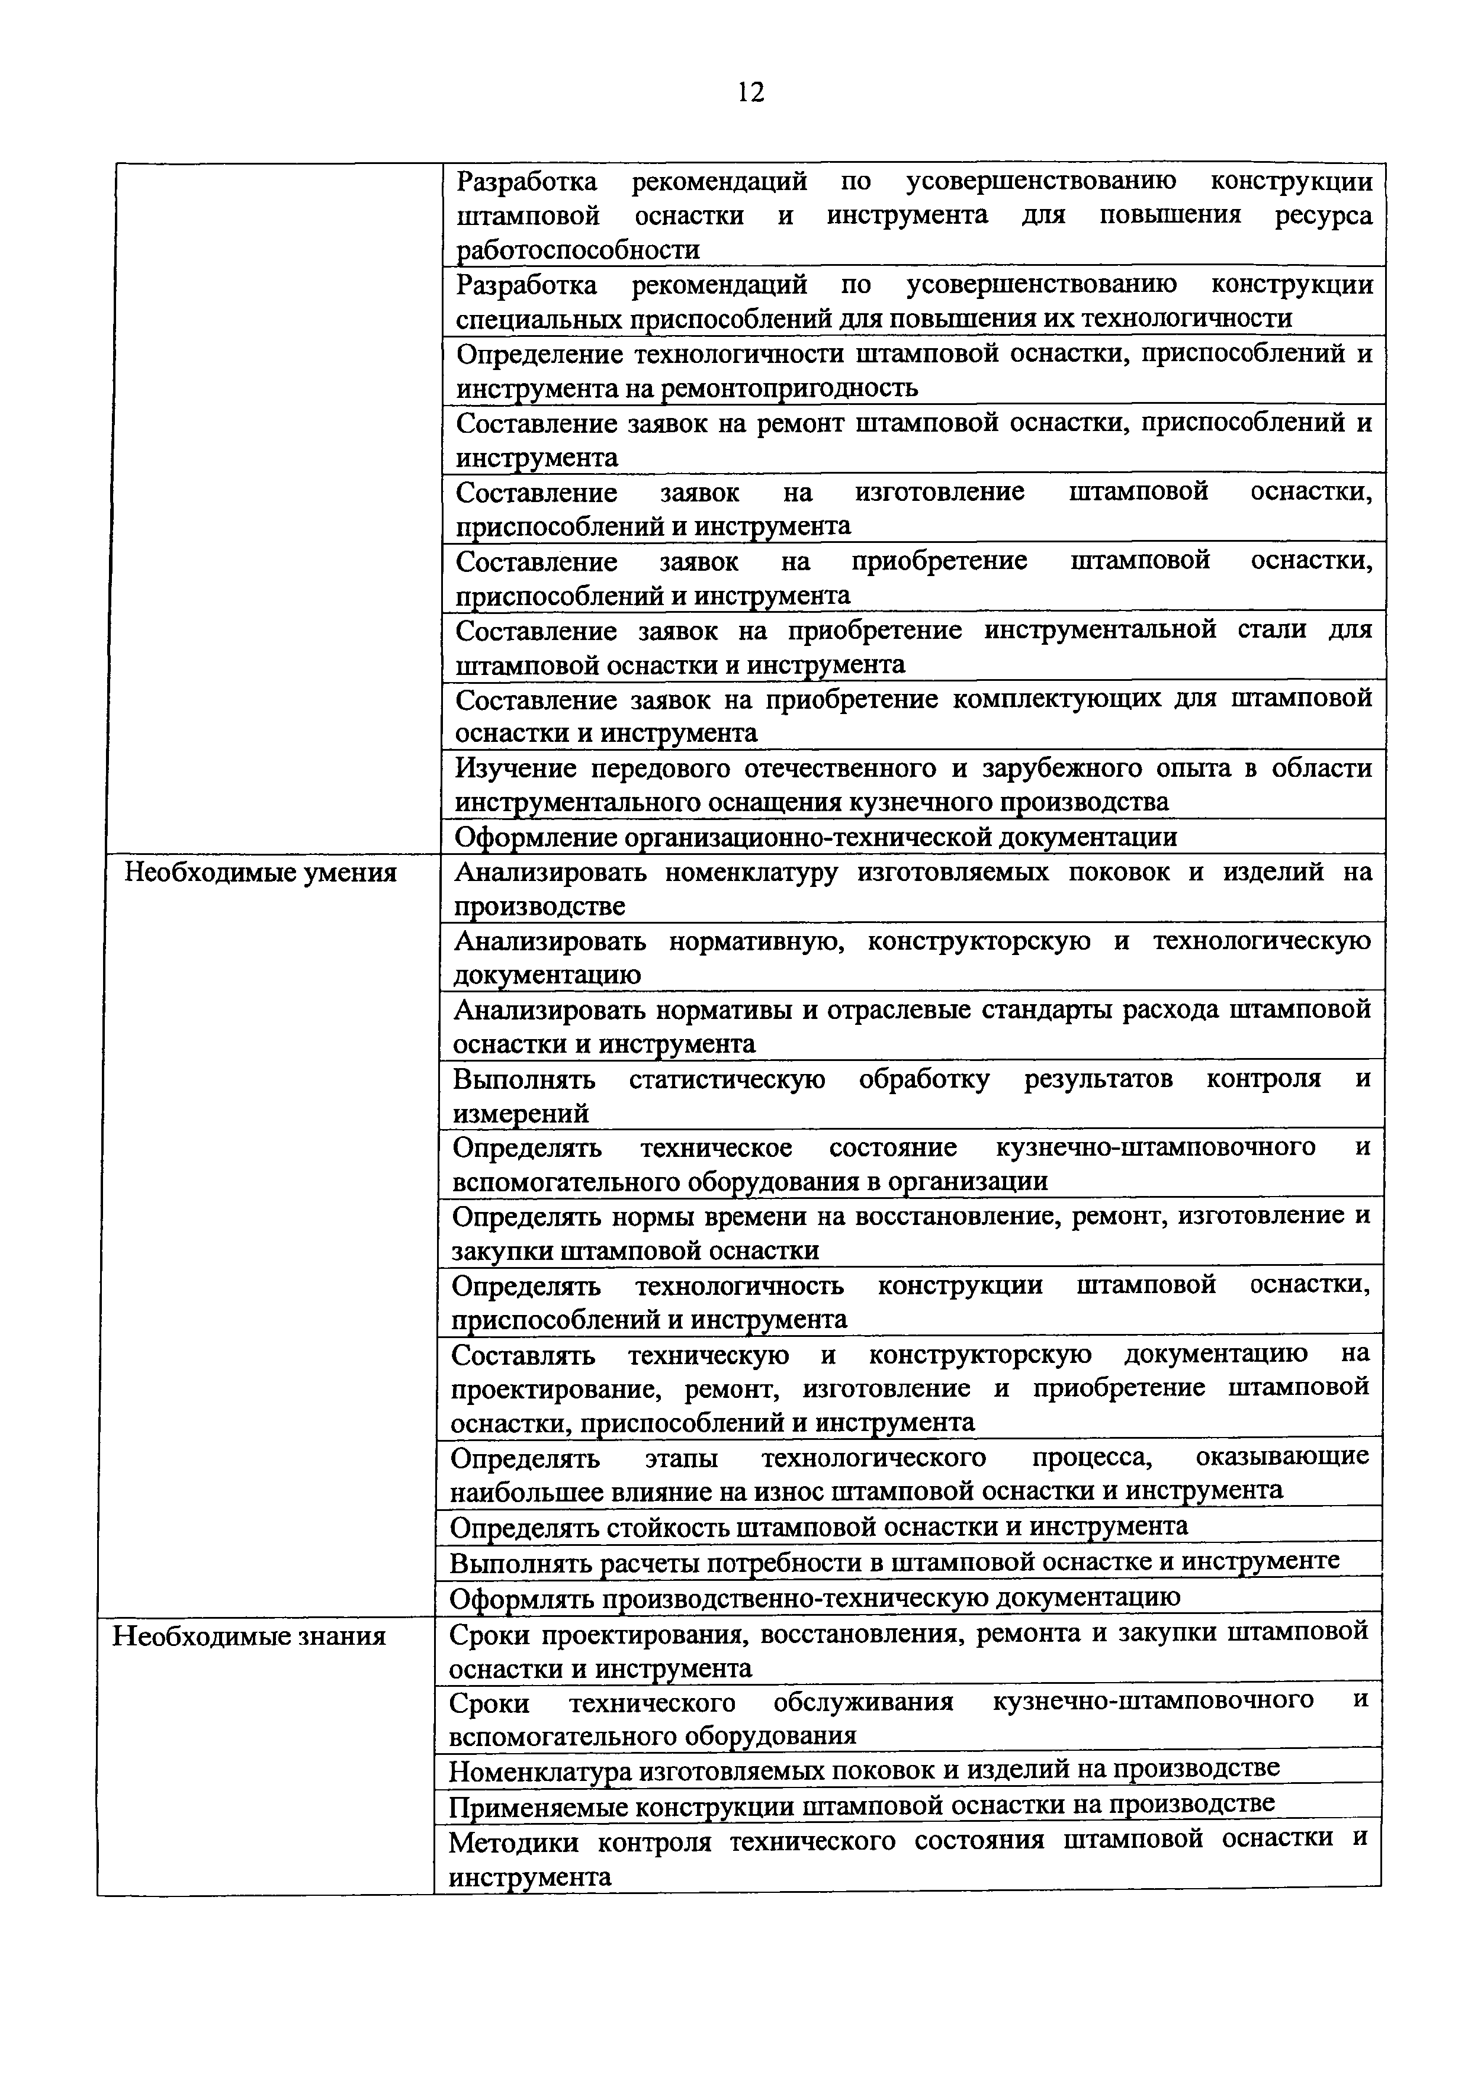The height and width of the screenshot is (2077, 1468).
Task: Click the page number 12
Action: pos(750,91)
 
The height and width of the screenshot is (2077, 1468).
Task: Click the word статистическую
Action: pos(727,1079)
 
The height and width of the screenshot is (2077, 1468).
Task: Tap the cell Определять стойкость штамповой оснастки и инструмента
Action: pos(818,1527)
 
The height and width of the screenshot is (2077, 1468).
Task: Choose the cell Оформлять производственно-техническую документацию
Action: pos(814,1597)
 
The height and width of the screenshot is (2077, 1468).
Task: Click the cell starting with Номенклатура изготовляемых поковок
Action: pos(864,1769)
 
